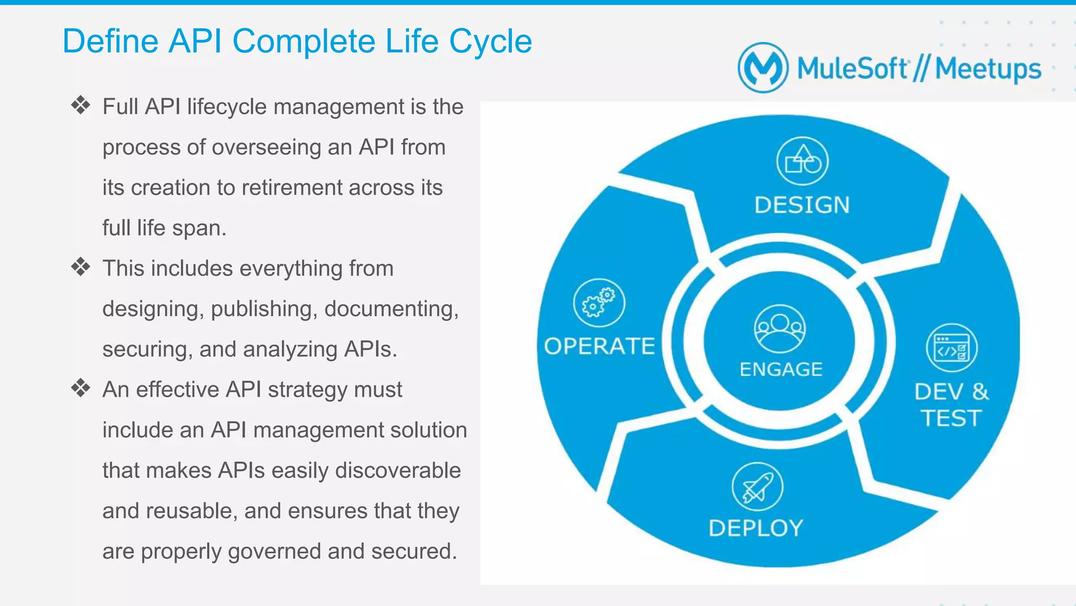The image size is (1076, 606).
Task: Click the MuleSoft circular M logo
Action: click(763, 68)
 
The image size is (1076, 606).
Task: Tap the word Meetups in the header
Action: click(988, 69)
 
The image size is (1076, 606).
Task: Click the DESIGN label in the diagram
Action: click(802, 205)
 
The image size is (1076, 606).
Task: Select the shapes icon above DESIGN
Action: click(802, 161)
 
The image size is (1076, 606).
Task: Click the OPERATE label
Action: click(599, 346)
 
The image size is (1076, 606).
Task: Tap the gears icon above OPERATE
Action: click(599, 303)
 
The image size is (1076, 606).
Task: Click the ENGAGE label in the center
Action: click(781, 369)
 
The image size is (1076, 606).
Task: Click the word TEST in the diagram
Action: click(951, 419)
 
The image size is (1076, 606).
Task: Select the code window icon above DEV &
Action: click(951, 348)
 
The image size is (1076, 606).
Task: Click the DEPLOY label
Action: click(756, 528)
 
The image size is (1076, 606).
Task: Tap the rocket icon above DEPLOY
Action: click(757, 486)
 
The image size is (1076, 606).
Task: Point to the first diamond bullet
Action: click(81, 106)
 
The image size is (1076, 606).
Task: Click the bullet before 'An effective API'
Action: click(81, 388)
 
